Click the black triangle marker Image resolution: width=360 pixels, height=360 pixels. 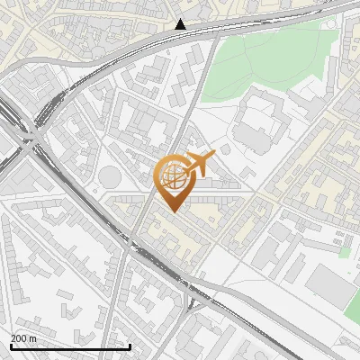tap(181, 24)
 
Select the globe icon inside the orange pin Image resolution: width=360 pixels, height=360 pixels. tap(172, 176)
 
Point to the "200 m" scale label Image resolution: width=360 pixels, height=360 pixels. tap(23, 337)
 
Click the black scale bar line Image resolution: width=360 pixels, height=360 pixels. tap(70, 346)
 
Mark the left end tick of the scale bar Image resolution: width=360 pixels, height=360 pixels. tap(10, 345)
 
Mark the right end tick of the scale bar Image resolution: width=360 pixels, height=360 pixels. tap(130, 345)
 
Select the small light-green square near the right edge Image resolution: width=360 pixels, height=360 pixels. tap(344, 253)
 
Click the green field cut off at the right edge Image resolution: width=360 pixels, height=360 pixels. tap(353, 306)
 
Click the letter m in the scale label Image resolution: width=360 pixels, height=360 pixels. tap(33, 337)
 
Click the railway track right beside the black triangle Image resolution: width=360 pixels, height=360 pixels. tap(182, 33)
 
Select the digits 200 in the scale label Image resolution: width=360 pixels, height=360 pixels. tap(19, 337)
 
